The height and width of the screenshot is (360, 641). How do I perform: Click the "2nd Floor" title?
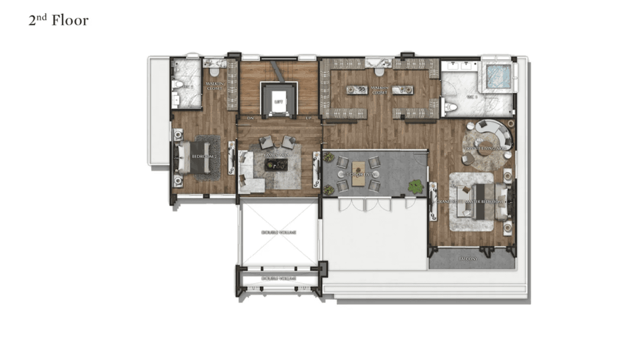(x=58, y=21)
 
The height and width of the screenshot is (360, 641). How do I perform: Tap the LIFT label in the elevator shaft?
(x=278, y=102)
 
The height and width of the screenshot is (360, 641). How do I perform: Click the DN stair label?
(x=250, y=118)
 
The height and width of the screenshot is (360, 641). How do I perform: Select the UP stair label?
(x=309, y=118)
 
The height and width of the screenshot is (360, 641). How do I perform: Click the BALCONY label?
(x=471, y=259)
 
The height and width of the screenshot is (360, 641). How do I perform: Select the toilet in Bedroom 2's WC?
(x=178, y=85)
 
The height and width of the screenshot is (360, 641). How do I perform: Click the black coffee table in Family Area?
(x=276, y=165)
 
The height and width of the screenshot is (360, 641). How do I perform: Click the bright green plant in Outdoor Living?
(x=415, y=186)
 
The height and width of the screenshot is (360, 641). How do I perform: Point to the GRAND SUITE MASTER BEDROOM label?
(x=471, y=202)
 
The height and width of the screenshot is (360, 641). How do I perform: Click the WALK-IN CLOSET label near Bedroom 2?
(x=214, y=86)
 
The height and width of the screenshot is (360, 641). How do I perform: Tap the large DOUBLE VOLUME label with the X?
(x=278, y=233)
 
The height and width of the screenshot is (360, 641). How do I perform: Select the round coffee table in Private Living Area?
(x=486, y=146)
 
